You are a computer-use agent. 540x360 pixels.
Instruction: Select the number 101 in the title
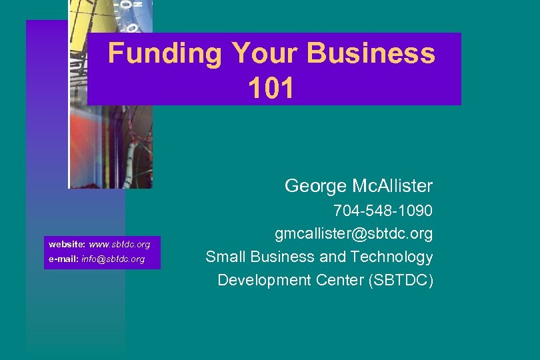click(271, 89)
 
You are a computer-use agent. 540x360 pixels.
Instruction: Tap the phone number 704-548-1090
click(383, 211)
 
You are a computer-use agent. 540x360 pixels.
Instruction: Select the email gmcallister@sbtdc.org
click(354, 234)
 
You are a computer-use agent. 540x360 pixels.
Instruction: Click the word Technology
click(391, 257)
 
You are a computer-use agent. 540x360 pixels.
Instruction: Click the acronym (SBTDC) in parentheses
click(401, 280)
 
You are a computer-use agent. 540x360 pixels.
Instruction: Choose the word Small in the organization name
click(223, 257)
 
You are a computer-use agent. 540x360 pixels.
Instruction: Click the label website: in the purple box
click(63, 245)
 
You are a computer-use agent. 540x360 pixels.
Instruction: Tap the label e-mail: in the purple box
click(63, 259)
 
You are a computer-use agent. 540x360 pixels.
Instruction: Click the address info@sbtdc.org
click(113, 259)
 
